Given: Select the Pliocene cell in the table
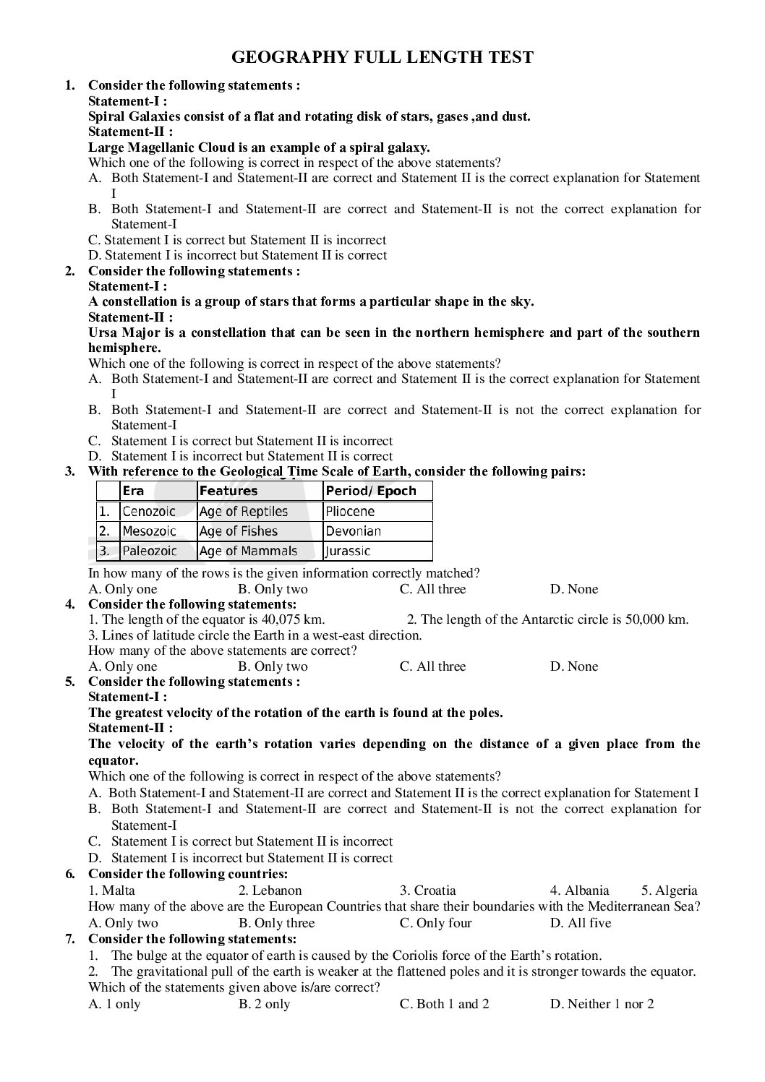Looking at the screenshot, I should [350, 512].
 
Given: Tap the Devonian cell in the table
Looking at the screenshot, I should [353, 531].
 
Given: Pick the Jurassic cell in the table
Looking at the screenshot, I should [348, 551].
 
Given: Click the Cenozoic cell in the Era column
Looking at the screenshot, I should [149, 512].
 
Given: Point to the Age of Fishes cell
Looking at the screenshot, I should [238, 531].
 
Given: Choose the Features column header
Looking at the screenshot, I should [228, 491].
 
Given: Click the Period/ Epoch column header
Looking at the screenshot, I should [371, 491].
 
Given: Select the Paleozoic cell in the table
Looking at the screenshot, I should [150, 551].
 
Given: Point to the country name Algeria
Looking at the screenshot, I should [675, 890].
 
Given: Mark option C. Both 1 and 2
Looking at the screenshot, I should [444, 1004].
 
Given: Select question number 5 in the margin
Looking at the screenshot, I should [70, 682].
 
